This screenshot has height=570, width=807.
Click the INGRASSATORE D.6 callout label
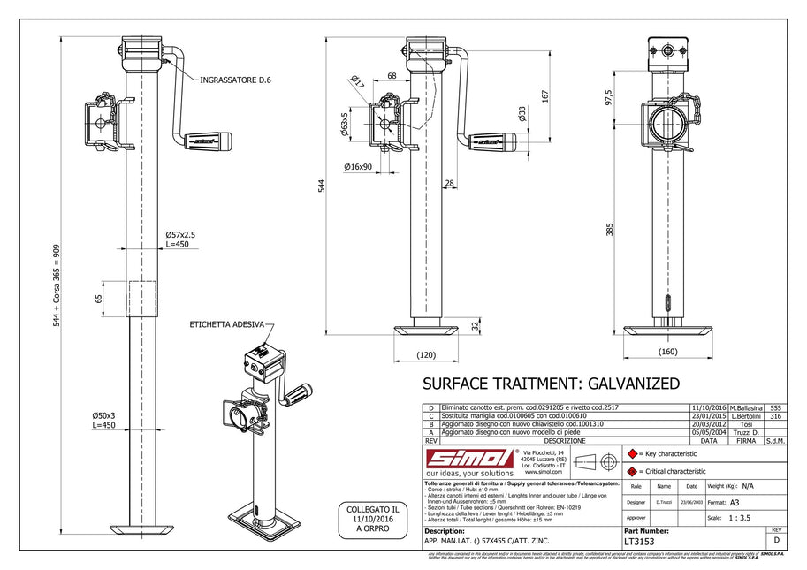tap(236, 80)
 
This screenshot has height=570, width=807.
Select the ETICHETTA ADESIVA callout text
tap(225, 325)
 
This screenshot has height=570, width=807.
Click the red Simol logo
tap(470, 458)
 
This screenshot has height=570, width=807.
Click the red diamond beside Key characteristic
tap(631, 453)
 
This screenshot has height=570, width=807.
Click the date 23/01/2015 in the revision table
tap(707, 414)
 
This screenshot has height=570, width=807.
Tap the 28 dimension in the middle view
tap(449, 183)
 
